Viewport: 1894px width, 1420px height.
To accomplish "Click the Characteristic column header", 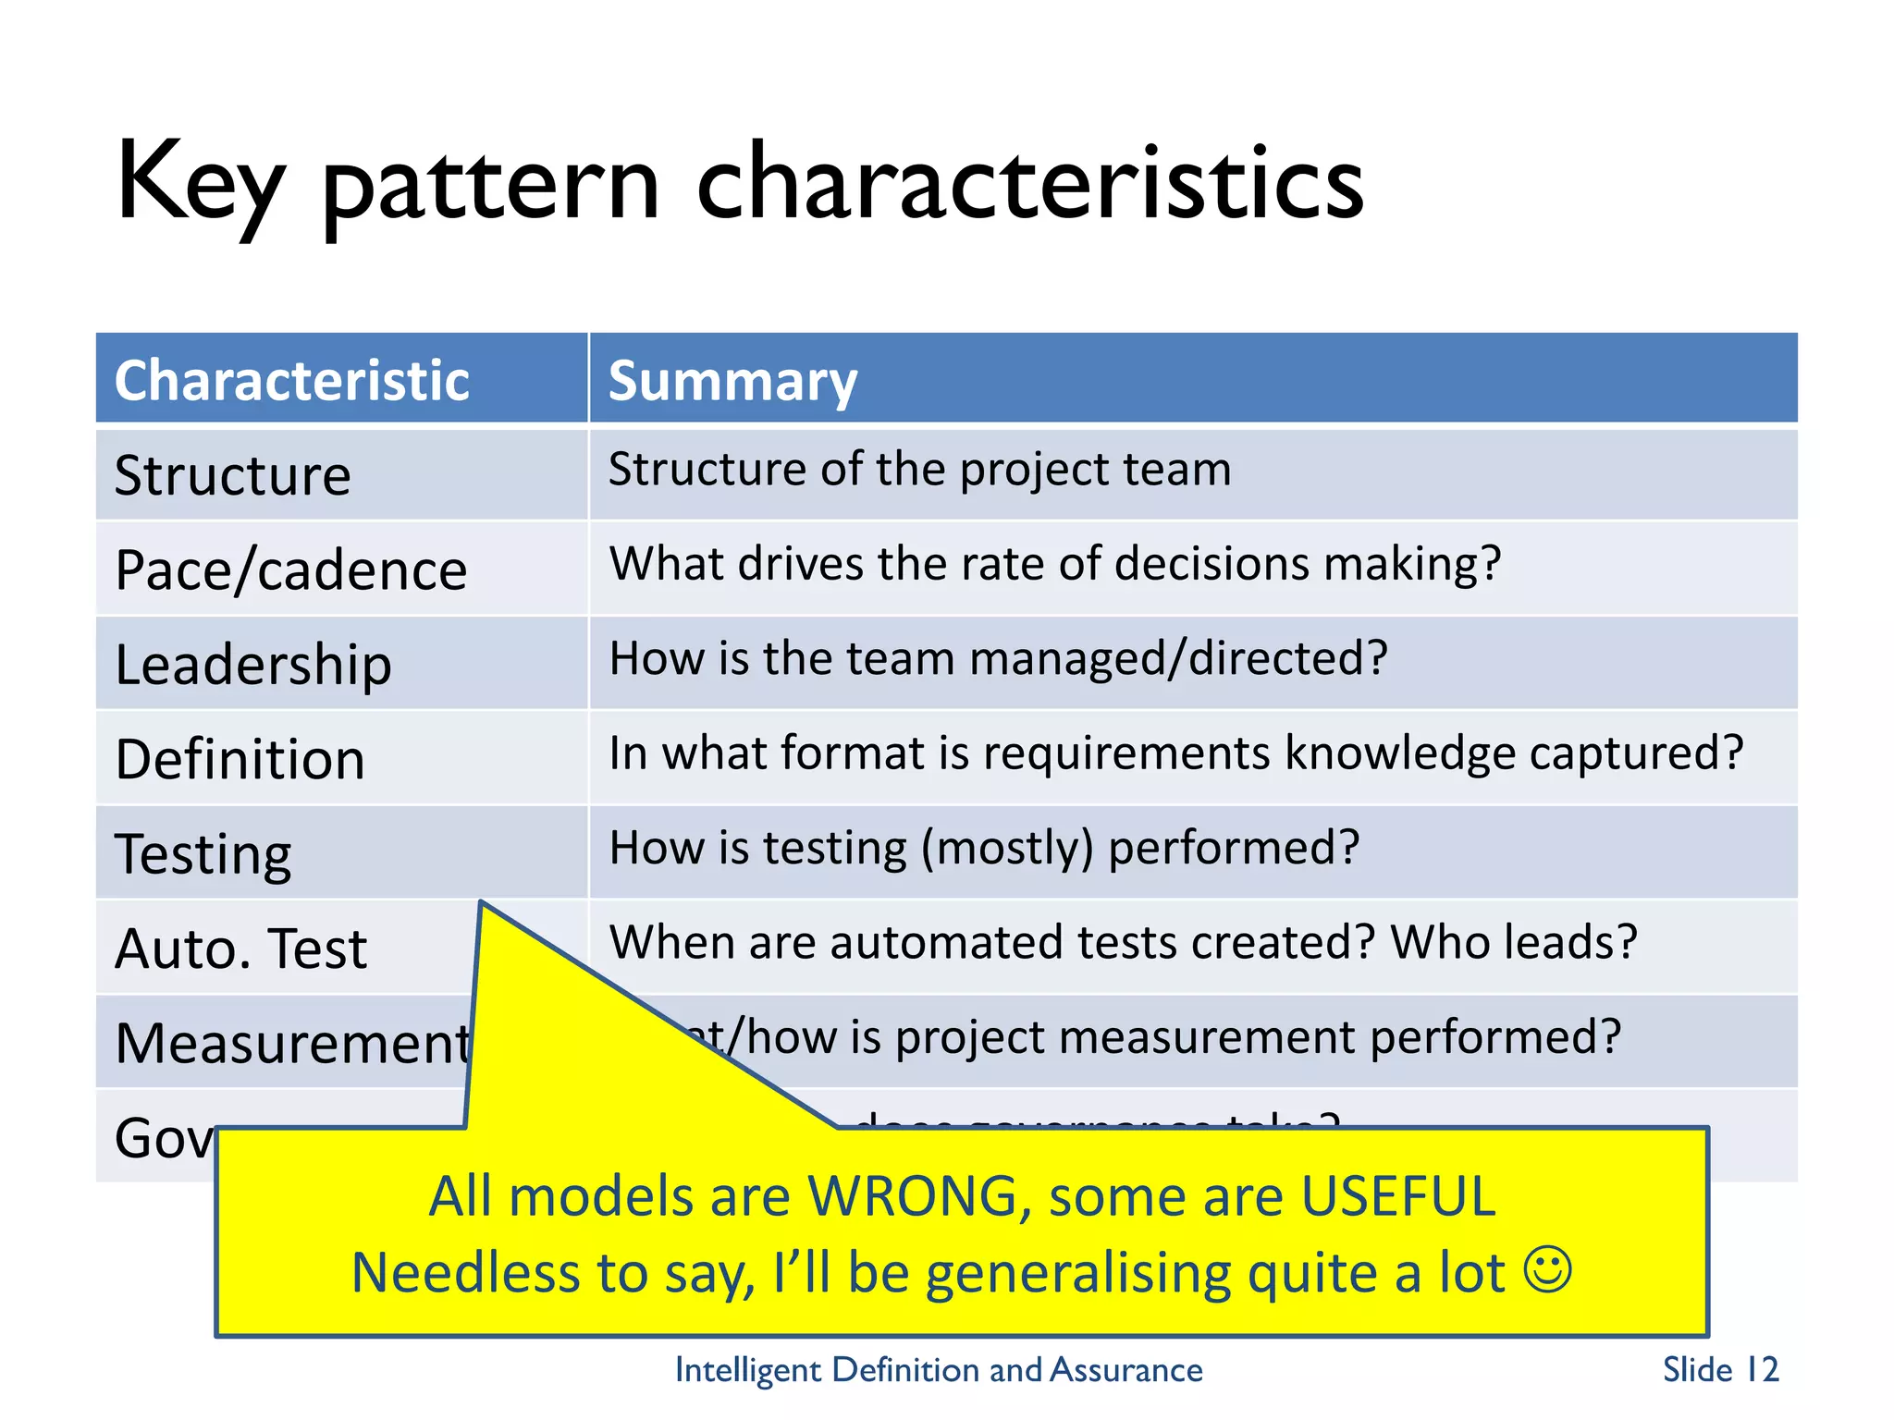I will click(291, 381).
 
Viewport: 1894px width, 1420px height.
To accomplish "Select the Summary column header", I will click(732, 381).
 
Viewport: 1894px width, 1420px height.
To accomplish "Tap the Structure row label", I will click(232, 476).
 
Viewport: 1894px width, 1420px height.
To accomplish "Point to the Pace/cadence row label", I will click(290, 570).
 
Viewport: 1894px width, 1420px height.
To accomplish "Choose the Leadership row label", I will click(252, 665).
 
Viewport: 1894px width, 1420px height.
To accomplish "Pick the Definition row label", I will click(240, 760).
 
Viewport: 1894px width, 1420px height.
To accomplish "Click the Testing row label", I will click(203, 854).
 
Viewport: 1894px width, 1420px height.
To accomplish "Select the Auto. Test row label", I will click(240, 949).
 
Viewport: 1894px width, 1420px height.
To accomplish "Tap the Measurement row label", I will click(292, 1044).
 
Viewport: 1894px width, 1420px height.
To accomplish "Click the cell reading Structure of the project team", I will click(919, 470).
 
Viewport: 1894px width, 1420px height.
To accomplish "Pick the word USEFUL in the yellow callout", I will click(1397, 1196).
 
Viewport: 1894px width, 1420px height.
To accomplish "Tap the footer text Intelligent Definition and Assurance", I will click(939, 1370).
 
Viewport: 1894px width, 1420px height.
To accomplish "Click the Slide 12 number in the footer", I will click(1720, 1370).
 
